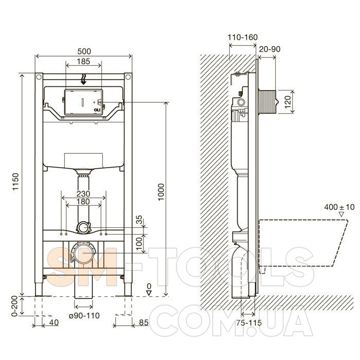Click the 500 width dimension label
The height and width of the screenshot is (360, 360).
[84, 51]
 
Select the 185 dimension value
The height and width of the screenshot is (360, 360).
[83, 61]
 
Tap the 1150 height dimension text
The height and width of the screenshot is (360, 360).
[15, 182]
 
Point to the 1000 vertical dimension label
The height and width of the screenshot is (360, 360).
[161, 192]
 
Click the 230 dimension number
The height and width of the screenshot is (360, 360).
[83, 193]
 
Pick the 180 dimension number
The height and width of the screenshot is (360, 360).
[83, 202]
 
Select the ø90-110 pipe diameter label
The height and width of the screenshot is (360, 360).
[84, 315]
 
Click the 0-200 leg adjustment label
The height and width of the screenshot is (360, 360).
[14, 306]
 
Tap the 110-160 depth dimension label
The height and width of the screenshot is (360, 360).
[243, 37]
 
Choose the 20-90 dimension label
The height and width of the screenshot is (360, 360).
[270, 49]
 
